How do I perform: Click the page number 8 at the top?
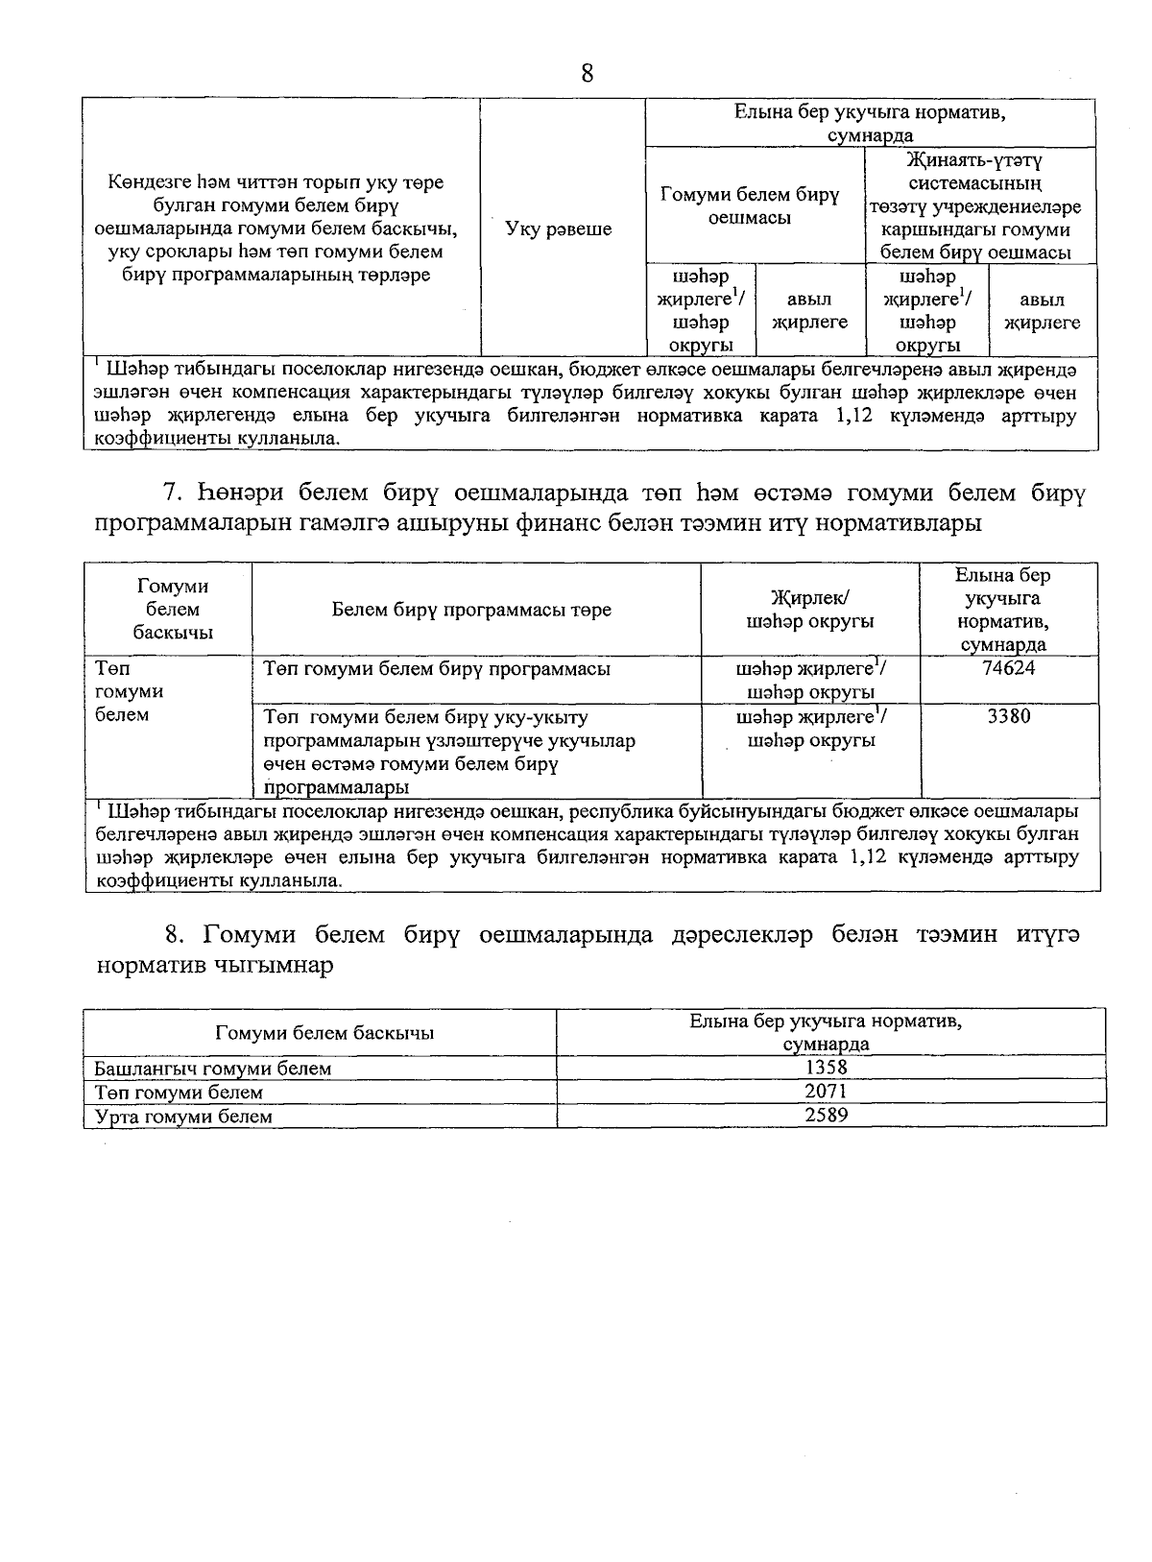click(588, 73)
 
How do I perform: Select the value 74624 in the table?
click(1009, 668)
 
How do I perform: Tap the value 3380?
click(1009, 716)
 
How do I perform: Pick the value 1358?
click(827, 1067)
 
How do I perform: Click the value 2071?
click(827, 1091)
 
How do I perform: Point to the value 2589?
click(827, 1115)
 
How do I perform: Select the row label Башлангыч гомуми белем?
click(212, 1068)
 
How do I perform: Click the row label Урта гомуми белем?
click(183, 1117)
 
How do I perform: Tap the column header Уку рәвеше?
click(558, 229)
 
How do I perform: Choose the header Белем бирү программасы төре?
click(471, 610)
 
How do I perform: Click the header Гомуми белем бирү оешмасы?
click(750, 206)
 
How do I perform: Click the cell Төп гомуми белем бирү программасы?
click(437, 669)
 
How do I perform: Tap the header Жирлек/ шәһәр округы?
click(810, 610)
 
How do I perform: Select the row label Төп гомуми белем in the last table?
click(179, 1093)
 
